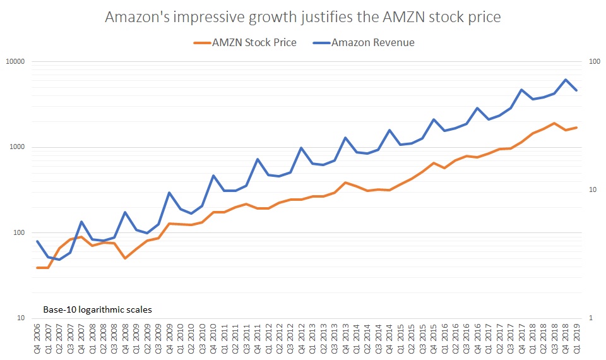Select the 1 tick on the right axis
pos(590,318)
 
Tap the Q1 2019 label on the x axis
pos(576,339)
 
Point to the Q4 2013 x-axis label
pos(345,339)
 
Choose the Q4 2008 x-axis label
pos(126,339)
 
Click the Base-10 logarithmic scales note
pos(97,310)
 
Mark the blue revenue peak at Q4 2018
pos(565,80)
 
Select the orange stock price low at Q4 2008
pos(125,258)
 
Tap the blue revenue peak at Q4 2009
pos(169,193)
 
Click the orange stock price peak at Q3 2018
pos(554,123)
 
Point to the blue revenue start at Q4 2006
pos(37,241)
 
